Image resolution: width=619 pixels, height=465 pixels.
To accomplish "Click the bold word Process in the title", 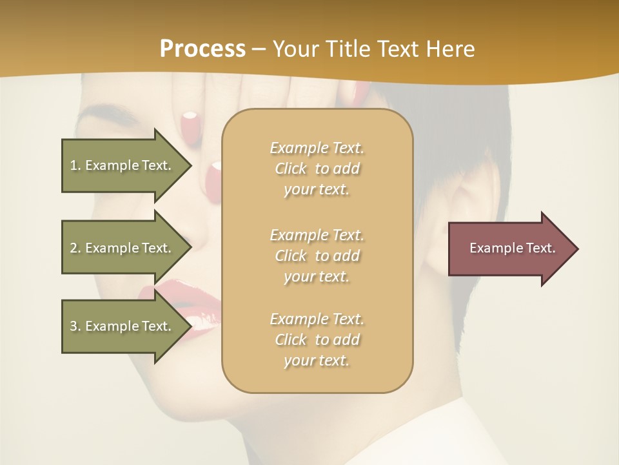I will point(202,49).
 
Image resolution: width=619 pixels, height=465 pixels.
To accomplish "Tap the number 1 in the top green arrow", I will point(74,165).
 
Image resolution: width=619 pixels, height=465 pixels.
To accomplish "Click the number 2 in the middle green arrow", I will point(74,248).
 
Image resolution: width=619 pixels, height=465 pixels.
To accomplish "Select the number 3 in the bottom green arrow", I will point(74,326).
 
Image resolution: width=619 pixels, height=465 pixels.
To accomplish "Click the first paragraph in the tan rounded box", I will point(317,169).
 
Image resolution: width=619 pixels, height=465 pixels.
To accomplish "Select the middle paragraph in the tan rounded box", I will point(317,256).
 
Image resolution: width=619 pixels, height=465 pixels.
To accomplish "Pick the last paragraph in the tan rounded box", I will point(317,340).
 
